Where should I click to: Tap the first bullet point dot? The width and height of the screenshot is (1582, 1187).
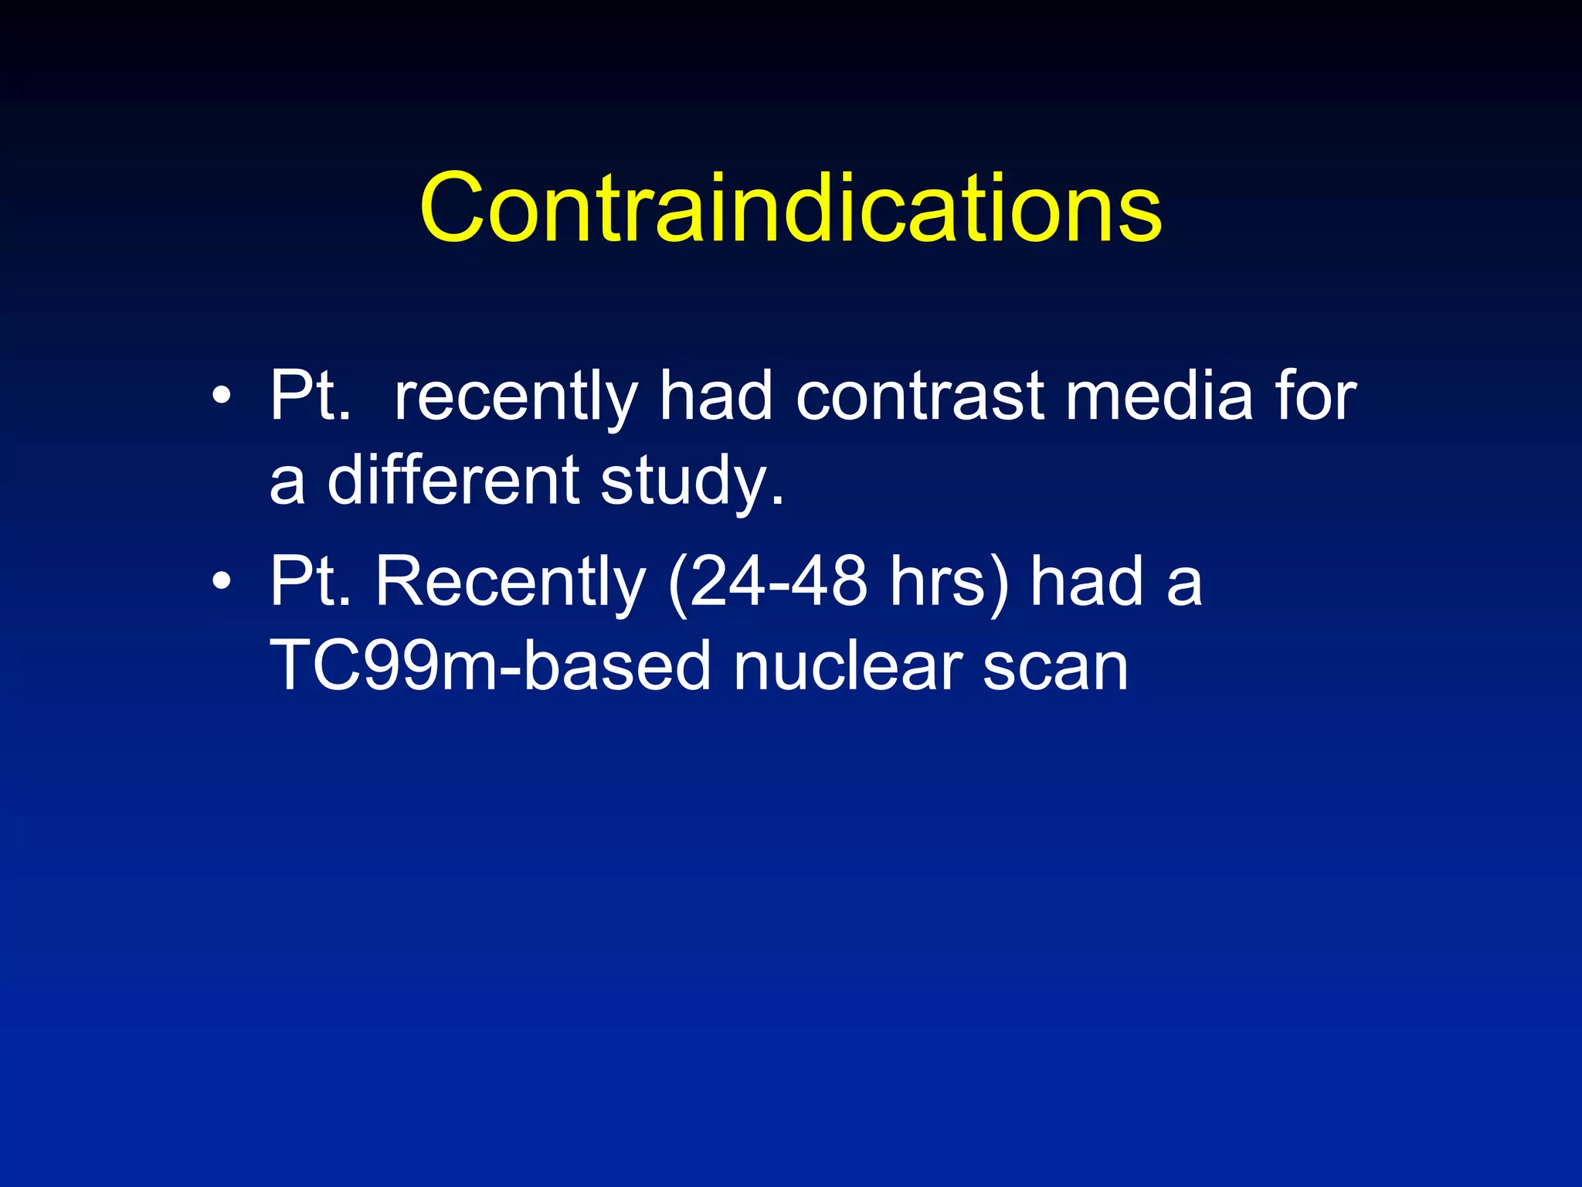coord(222,396)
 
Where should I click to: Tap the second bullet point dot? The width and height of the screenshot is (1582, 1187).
coord(222,581)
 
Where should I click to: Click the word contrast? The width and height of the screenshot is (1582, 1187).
coord(919,396)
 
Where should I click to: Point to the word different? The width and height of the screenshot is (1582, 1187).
coord(453,480)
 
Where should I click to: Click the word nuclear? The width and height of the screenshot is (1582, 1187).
coord(848,666)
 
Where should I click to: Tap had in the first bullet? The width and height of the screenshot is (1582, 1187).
coord(715,396)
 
